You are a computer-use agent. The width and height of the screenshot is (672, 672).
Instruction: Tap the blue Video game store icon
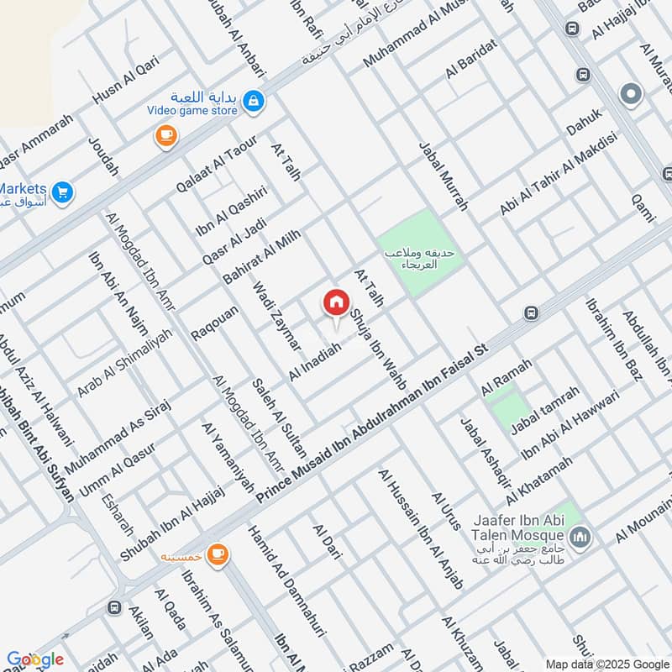point(254,102)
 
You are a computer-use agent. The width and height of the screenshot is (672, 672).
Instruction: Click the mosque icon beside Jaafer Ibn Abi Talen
point(580,536)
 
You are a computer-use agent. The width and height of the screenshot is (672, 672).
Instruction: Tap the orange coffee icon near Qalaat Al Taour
point(166,136)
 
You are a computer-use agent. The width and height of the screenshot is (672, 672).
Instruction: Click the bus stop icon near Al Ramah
point(531,313)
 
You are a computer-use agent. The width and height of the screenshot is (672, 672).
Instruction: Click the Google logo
point(35,659)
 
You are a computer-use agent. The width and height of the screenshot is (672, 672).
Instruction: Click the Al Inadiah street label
point(314,362)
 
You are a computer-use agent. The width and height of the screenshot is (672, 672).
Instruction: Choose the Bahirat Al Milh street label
point(262,257)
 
